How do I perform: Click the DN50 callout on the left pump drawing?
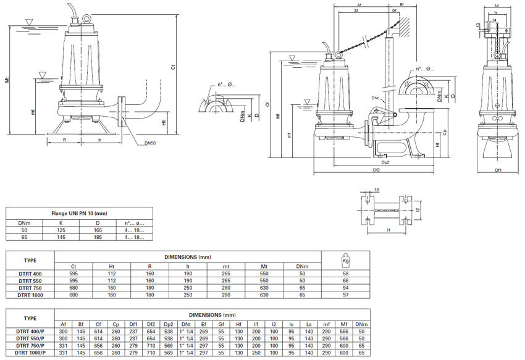click(x=150, y=143)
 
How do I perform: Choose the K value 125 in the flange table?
click(x=61, y=230)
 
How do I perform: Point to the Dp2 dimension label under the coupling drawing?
click(x=385, y=162)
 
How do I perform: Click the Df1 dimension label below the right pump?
click(x=498, y=169)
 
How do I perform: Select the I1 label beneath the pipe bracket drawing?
click(x=389, y=231)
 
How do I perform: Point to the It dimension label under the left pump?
click(x=100, y=140)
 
